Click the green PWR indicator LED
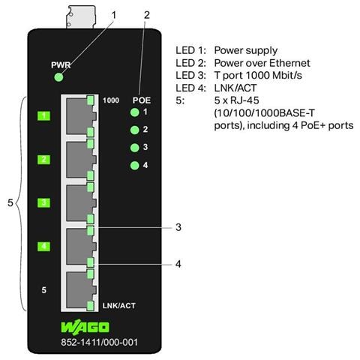58,77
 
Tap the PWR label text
61,65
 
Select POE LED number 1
135,112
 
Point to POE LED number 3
135,148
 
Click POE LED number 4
135,165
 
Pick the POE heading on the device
142,100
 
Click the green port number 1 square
43,115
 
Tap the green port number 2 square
43,160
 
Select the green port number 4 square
43,246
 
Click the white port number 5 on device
44,290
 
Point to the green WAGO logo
85,327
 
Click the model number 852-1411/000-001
99,342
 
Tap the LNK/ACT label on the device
119,305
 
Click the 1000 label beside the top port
111,100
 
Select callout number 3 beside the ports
178,227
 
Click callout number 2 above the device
147,15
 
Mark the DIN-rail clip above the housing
81,17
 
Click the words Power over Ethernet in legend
262,63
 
